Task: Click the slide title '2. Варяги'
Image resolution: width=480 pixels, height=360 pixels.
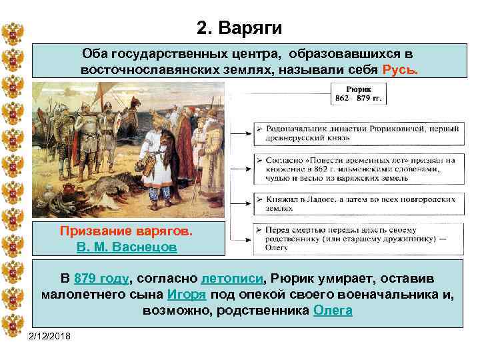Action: coord(240,28)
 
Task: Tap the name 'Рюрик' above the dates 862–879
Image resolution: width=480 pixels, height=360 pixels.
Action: coord(361,89)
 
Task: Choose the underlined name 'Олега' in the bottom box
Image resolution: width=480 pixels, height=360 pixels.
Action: coord(332,311)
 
